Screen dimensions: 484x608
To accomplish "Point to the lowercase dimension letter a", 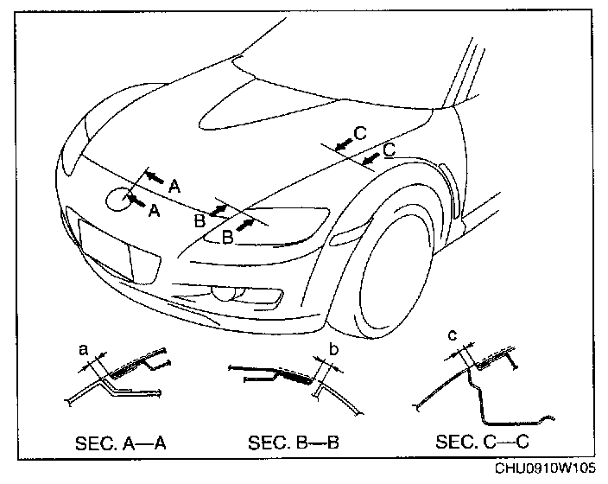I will click(83, 349).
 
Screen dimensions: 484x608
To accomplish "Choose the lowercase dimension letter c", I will click(452, 334).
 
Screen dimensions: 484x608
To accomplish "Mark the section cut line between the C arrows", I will click(349, 159).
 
